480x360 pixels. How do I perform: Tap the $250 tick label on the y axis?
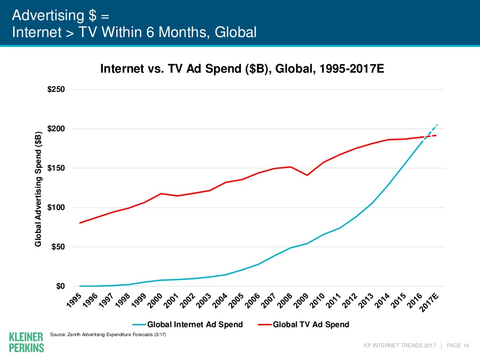[x=56, y=90]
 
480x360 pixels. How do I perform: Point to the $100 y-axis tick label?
[x=56, y=208]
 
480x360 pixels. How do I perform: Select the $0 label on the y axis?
[x=60, y=286]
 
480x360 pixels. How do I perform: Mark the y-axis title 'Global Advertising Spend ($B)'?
[x=39, y=189]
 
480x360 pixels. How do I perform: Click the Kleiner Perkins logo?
[x=27, y=342]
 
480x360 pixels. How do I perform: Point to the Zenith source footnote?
[x=107, y=335]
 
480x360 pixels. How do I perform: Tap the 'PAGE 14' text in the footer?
[x=458, y=346]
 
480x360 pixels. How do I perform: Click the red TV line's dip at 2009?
[x=307, y=175]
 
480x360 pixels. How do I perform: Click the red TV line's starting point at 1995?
[x=80, y=223]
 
